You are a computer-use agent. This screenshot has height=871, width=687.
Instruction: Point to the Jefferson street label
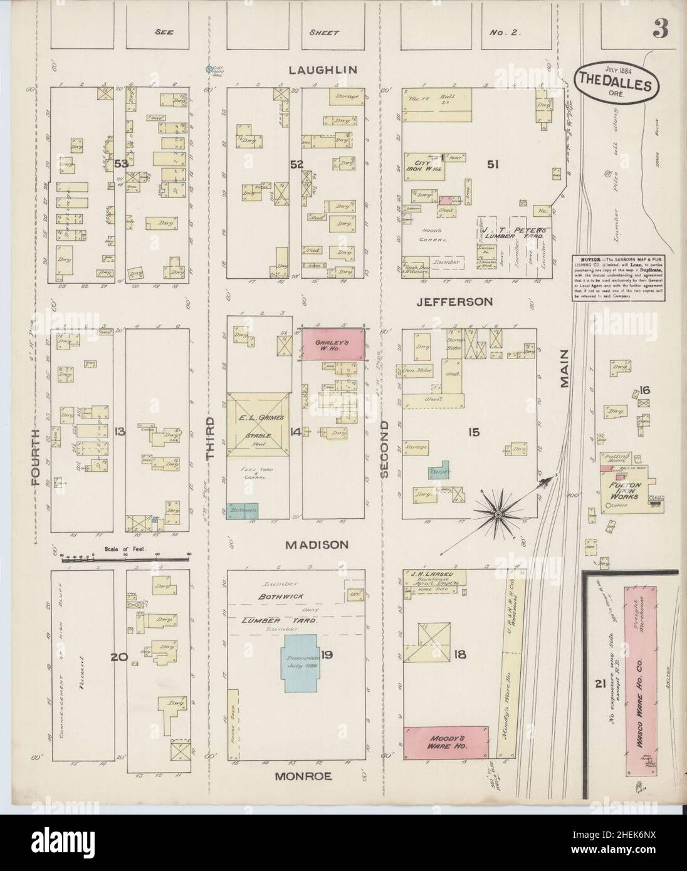coord(456,301)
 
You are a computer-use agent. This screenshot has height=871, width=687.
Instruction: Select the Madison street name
coord(317,545)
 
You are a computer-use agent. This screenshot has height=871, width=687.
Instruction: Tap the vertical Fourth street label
coord(35,457)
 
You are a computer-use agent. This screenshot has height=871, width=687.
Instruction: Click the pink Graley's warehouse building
coord(333,345)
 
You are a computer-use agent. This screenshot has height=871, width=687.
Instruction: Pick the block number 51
coord(493,164)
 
